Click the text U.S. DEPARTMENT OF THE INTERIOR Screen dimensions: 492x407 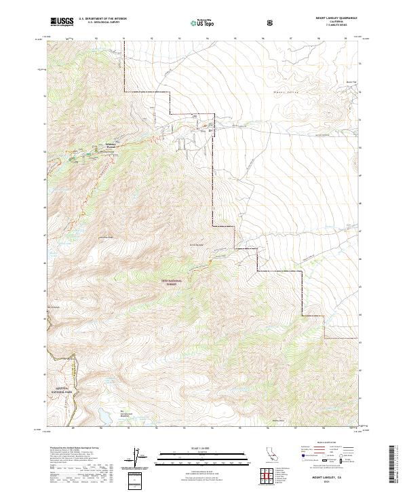coord(102,19)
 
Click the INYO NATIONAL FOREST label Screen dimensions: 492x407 coord(173,282)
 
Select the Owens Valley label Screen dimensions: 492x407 coord(286,92)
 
